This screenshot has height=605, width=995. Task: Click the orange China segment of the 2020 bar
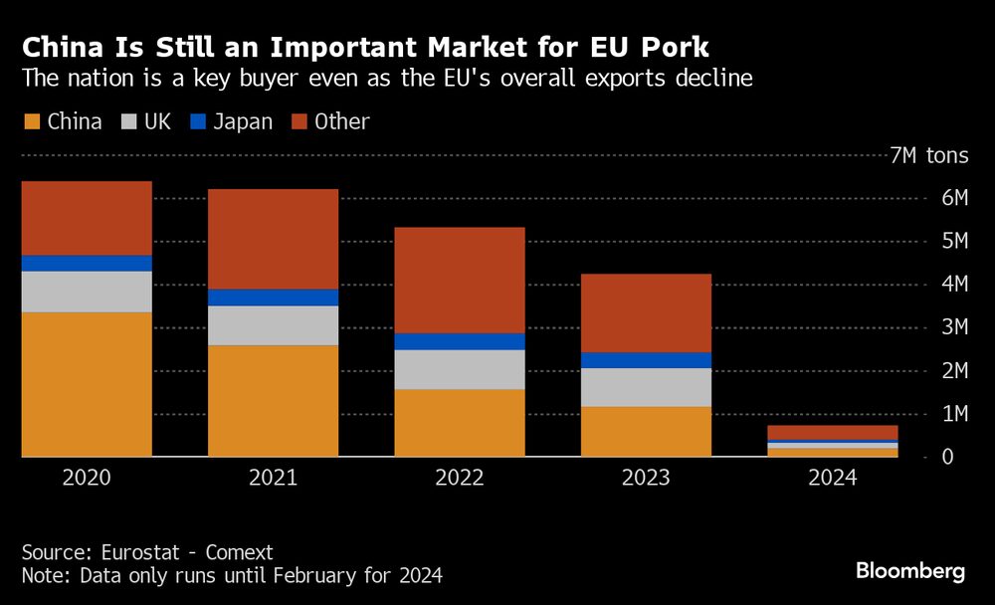[87, 384]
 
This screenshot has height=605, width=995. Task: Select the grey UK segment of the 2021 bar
[273, 325]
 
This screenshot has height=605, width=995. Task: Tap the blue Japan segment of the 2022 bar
[460, 341]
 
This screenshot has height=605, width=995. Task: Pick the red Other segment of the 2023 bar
[646, 312]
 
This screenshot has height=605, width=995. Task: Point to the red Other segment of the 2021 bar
[273, 239]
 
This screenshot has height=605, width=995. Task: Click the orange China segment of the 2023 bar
[646, 431]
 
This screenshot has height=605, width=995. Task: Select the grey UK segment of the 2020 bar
[87, 292]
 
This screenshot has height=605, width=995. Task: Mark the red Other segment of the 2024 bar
[833, 432]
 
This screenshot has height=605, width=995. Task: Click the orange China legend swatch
[31, 122]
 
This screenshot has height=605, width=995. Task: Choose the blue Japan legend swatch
[196, 122]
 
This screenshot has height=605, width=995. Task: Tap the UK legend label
[157, 122]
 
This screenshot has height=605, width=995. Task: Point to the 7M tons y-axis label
[928, 156]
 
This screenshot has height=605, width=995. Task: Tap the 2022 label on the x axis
[460, 479]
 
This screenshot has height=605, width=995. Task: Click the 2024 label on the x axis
[833, 479]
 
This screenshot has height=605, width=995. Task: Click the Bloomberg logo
[909, 571]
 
